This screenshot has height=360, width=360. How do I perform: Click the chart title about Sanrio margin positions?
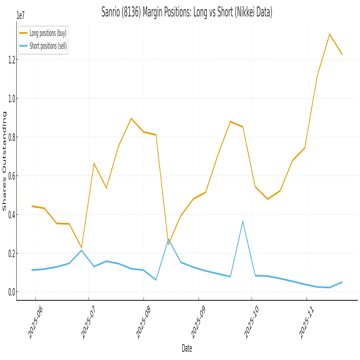(187, 13)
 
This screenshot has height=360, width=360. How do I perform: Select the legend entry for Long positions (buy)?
(48, 33)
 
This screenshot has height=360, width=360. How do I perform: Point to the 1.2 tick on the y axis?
(12, 60)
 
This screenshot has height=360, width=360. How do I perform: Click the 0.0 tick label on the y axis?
(12, 292)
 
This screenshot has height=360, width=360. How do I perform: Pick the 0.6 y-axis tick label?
(12, 176)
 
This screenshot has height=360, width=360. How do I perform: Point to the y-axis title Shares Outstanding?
(4, 161)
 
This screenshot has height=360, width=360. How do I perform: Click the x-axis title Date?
(187, 348)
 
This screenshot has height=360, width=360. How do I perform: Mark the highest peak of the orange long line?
(329, 34)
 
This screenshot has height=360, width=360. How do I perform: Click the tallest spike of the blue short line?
(243, 221)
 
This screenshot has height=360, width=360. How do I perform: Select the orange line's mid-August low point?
(168, 244)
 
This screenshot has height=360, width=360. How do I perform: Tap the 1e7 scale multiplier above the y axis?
(20, 16)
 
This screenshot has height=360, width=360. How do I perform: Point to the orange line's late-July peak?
(131, 118)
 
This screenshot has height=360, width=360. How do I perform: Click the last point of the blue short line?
(342, 282)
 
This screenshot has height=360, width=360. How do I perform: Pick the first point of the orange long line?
(32, 206)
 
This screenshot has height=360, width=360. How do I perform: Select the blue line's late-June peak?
(81, 250)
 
